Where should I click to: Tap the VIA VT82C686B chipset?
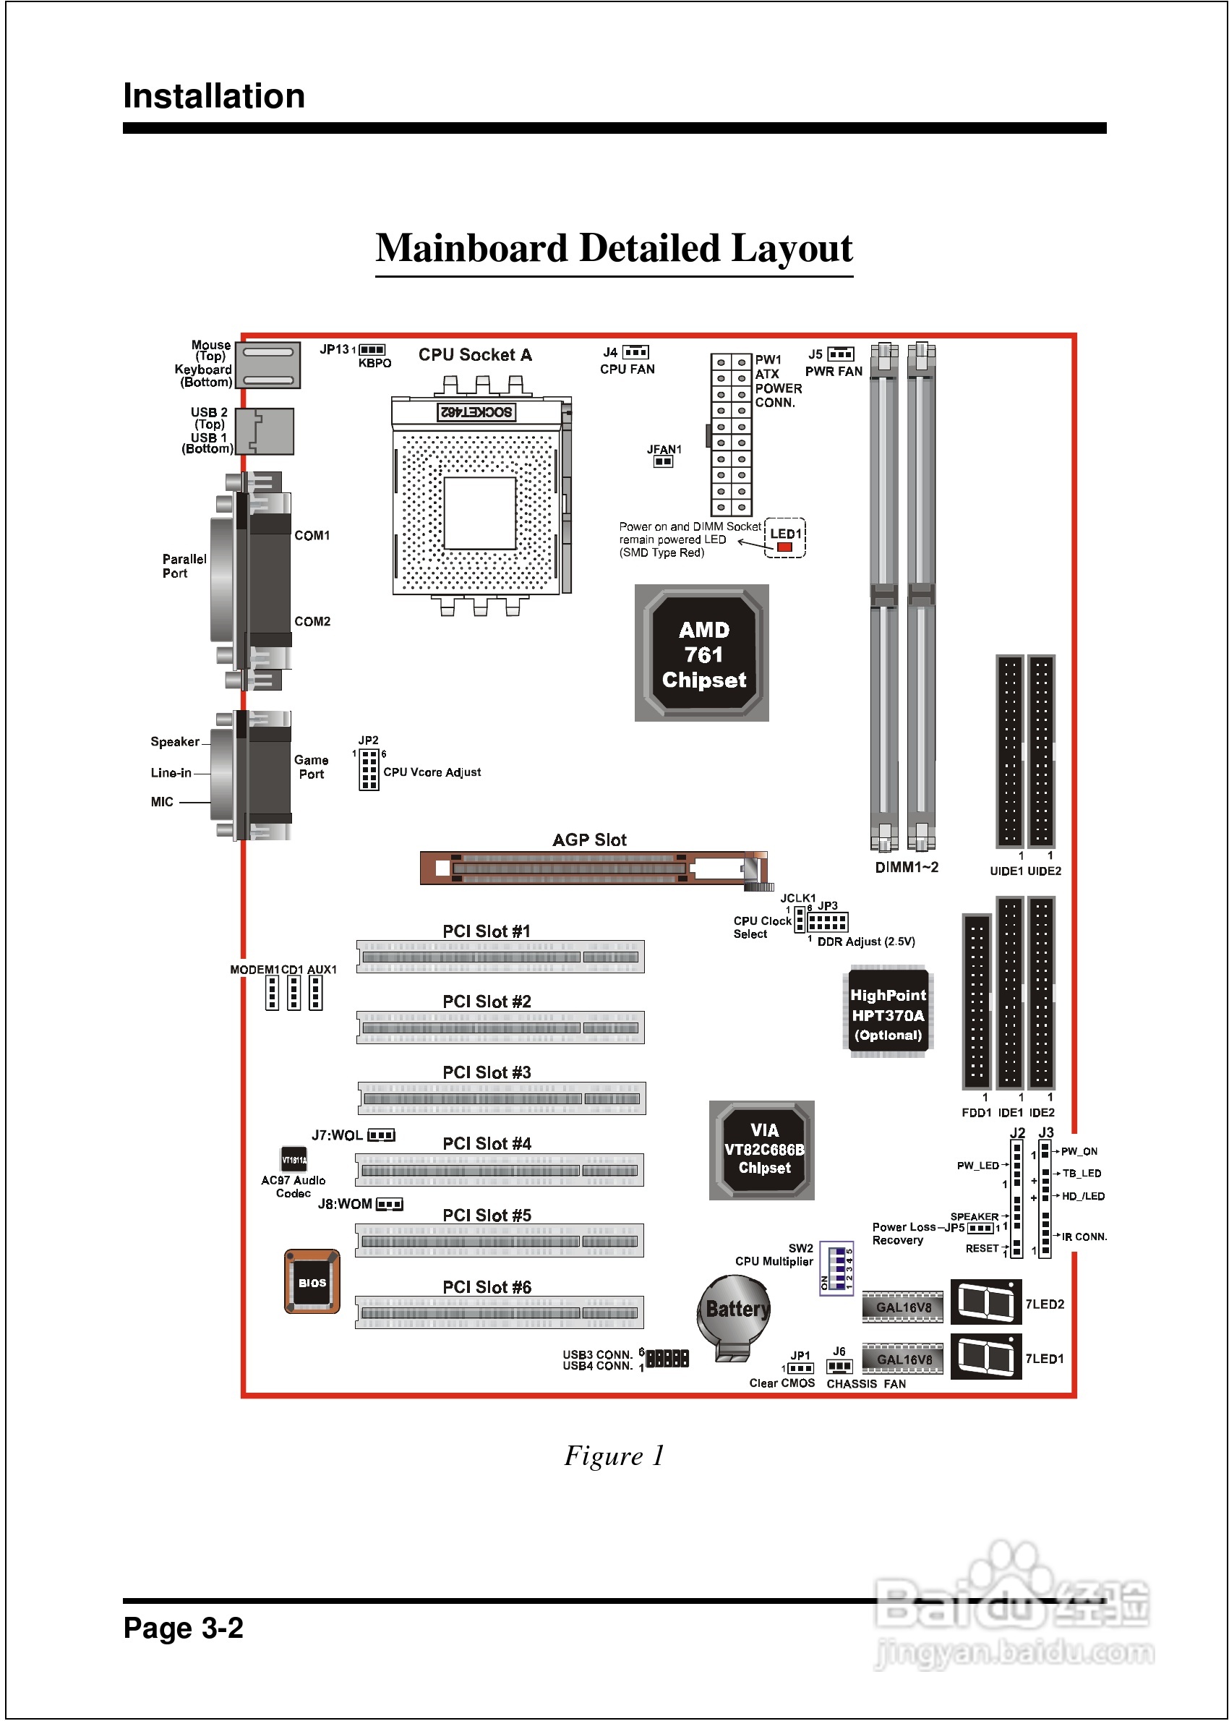click(761, 1150)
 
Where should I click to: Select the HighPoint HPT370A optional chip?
click(888, 1013)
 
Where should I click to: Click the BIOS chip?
click(312, 1282)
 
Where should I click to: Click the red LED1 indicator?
click(784, 547)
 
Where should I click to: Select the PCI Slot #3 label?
click(487, 1072)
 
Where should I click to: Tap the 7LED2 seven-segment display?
click(985, 1302)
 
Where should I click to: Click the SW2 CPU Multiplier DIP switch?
click(836, 1268)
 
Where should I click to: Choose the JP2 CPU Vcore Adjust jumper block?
click(369, 769)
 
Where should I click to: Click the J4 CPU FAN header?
click(635, 353)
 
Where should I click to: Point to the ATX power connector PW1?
click(731, 435)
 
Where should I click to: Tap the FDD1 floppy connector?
click(976, 1001)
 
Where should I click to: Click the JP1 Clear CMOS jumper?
click(800, 1368)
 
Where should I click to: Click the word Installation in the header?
click(214, 96)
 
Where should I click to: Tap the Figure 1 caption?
click(614, 1456)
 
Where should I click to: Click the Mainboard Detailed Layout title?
click(614, 248)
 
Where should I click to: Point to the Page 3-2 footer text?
click(183, 1627)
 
